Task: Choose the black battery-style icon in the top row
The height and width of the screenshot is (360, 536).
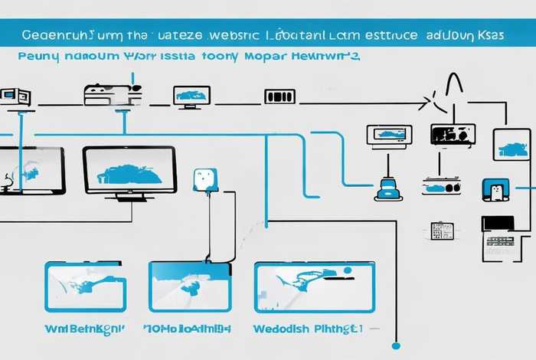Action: tap(279, 97)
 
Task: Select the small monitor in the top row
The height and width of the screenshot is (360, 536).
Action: tap(191, 96)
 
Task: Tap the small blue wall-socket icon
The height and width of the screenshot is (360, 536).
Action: tap(206, 179)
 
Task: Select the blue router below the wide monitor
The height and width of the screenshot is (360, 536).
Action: tap(388, 188)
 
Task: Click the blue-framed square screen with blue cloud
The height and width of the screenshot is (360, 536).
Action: tap(511, 145)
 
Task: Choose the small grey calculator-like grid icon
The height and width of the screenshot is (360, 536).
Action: tap(442, 231)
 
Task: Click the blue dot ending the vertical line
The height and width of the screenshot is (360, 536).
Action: tap(396, 345)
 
